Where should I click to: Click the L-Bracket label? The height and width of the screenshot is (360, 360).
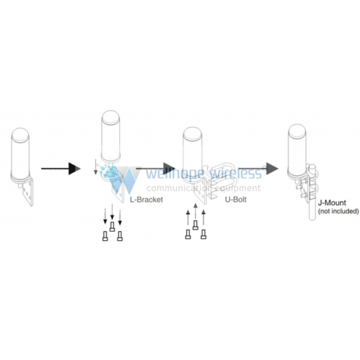pos(147,200)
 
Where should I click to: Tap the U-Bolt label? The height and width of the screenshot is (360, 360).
pos(236,199)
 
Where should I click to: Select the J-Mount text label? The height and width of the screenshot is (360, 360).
pos(332,203)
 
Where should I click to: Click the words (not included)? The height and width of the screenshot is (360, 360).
pos(338,211)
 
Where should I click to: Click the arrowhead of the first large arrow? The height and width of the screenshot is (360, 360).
pos(75,168)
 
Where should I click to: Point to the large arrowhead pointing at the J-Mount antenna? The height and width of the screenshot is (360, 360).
pos(272,168)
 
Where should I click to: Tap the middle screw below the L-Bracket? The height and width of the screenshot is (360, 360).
pos(112,226)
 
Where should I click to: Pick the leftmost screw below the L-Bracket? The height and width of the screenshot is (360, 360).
pos(105,236)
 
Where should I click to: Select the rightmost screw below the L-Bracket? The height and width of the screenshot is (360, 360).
pos(120,236)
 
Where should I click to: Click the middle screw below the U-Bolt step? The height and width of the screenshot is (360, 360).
pos(196,225)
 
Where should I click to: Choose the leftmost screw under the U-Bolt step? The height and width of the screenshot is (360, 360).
pos(188,234)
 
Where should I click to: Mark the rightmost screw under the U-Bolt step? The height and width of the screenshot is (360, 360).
pos(204,234)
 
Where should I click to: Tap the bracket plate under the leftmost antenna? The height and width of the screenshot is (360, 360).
pos(27,192)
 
